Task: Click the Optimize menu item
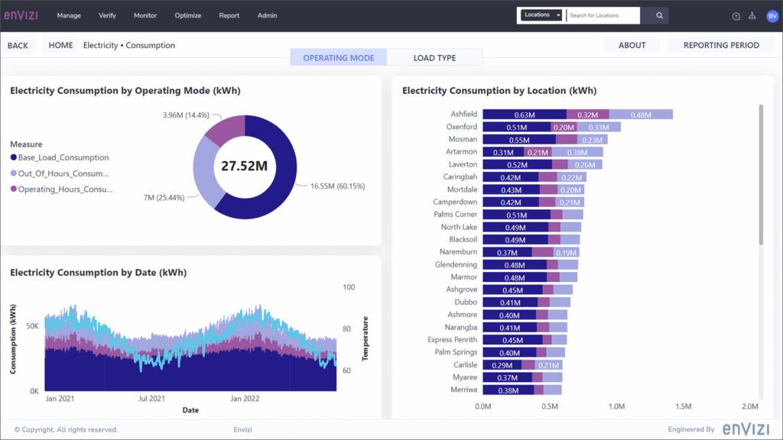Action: (x=188, y=15)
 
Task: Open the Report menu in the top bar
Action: (x=229, y=15)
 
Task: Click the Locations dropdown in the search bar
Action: (x=541, y=15)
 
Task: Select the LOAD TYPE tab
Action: (x=434, y=58)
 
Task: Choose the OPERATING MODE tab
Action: (x=339, y=58)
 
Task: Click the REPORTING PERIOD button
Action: (x=721, y=45)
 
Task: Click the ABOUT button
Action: (x=632, y=45)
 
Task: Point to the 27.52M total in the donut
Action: (x=245, y=166)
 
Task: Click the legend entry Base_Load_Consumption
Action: (x=63, y=157)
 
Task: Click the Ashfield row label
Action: (x=463, y=115)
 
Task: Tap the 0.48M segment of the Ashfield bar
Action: (x=641, y=115)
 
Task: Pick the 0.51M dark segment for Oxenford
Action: (x=517, y=127)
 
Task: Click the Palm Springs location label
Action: (x=456, y=352)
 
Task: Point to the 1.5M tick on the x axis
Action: (x=683, y=406)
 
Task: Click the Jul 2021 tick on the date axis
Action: (x=151, y=399)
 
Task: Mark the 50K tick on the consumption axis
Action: (x=32, y=325)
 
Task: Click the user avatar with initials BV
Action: (x=772, y=16)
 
